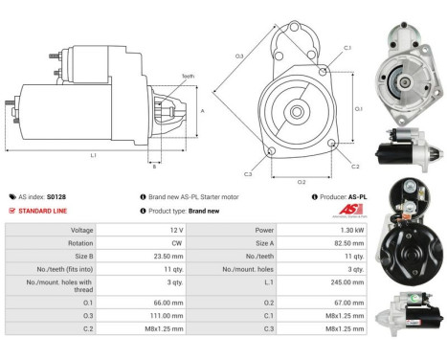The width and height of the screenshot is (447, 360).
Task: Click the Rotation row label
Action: (x=79, y=243)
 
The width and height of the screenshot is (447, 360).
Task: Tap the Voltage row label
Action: (x=80, y=230)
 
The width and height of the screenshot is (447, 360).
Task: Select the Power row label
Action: (x=265, y=230)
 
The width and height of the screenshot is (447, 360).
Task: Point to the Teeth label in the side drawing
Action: (x=188, y=75)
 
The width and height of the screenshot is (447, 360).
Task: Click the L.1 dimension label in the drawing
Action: (x=93, y=156)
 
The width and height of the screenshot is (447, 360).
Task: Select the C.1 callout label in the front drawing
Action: (x=346, y=47)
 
